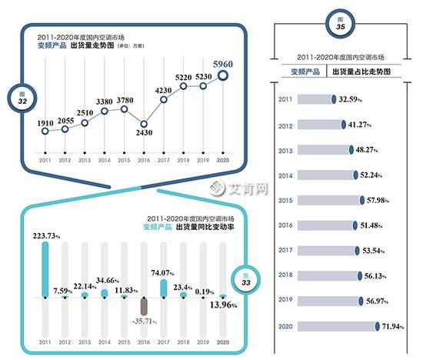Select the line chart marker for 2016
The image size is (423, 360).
pyautogui.click(x=144, y=123)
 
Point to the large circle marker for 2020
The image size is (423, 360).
pyautogui.click(x=223, y=75)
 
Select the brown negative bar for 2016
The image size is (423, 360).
pyautogui.click(x=144, y=305)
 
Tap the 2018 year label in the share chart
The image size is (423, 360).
pyautogui.click(x=285, y=275)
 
